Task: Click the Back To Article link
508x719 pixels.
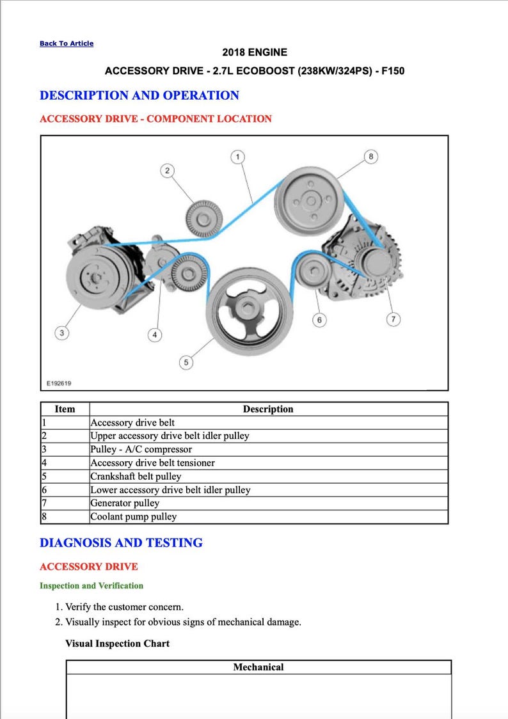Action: [67, 43]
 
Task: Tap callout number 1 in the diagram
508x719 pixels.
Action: [237, 157]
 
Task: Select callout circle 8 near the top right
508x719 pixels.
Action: [370, 157]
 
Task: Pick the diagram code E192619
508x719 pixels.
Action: [59, 384]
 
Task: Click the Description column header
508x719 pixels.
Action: [268, 409]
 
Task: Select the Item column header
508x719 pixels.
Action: [65, 409]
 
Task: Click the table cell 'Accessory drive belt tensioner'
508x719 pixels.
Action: [152, 462]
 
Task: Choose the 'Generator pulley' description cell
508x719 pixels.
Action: [125, 503]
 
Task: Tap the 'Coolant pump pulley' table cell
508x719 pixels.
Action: [133, 516]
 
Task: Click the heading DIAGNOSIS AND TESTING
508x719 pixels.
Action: [121, 542]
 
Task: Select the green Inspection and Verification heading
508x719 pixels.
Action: [91, 585]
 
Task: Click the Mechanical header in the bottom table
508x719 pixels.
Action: [258, 667]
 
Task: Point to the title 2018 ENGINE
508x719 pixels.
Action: [255, 52]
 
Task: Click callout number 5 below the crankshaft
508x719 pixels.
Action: [186, 363]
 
